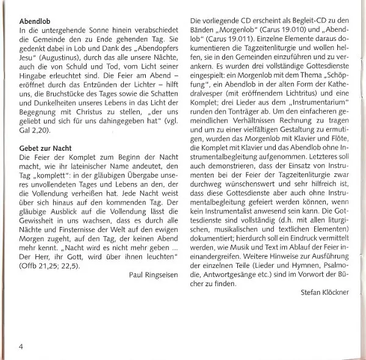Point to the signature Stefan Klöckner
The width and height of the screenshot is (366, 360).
tap(325, 292)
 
